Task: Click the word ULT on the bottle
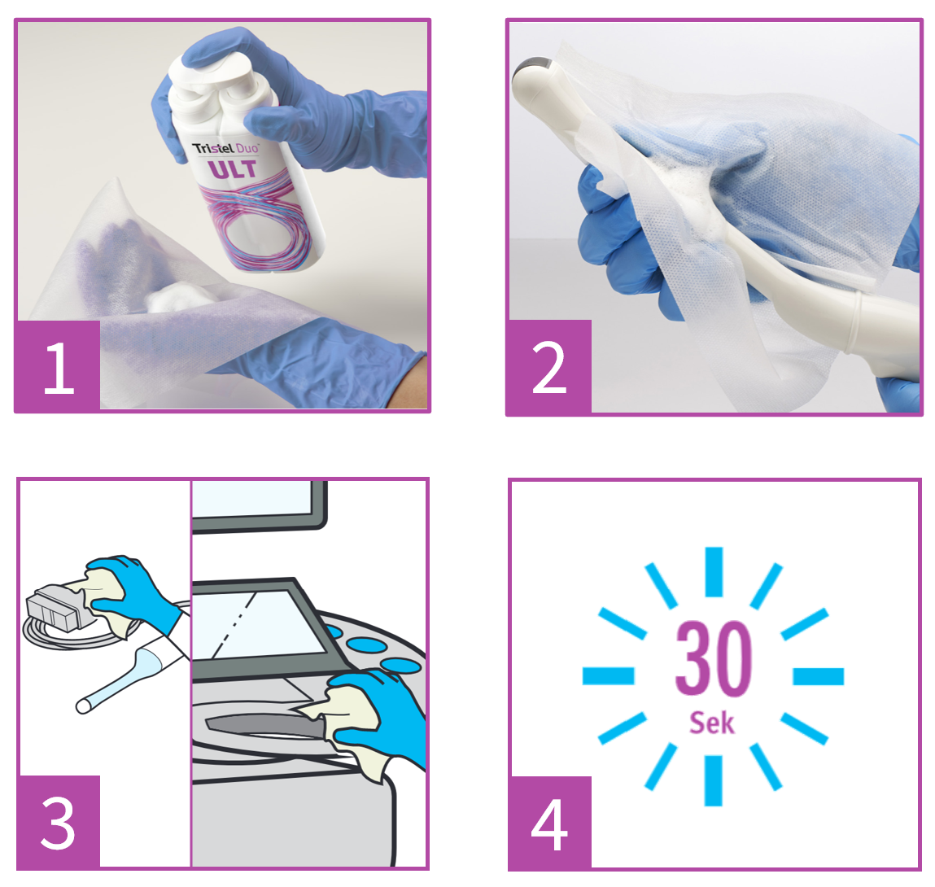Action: pos(233,169)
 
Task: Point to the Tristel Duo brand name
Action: pos(225,149)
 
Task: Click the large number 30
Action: pos(713,658)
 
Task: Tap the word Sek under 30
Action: pos(712,723)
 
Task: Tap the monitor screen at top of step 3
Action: pos(258,505)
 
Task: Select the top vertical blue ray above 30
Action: pos(714,571)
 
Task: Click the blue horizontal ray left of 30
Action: pos(608,676)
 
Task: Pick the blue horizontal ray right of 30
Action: pos(818,676)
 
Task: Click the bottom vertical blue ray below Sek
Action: pos(713,781)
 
